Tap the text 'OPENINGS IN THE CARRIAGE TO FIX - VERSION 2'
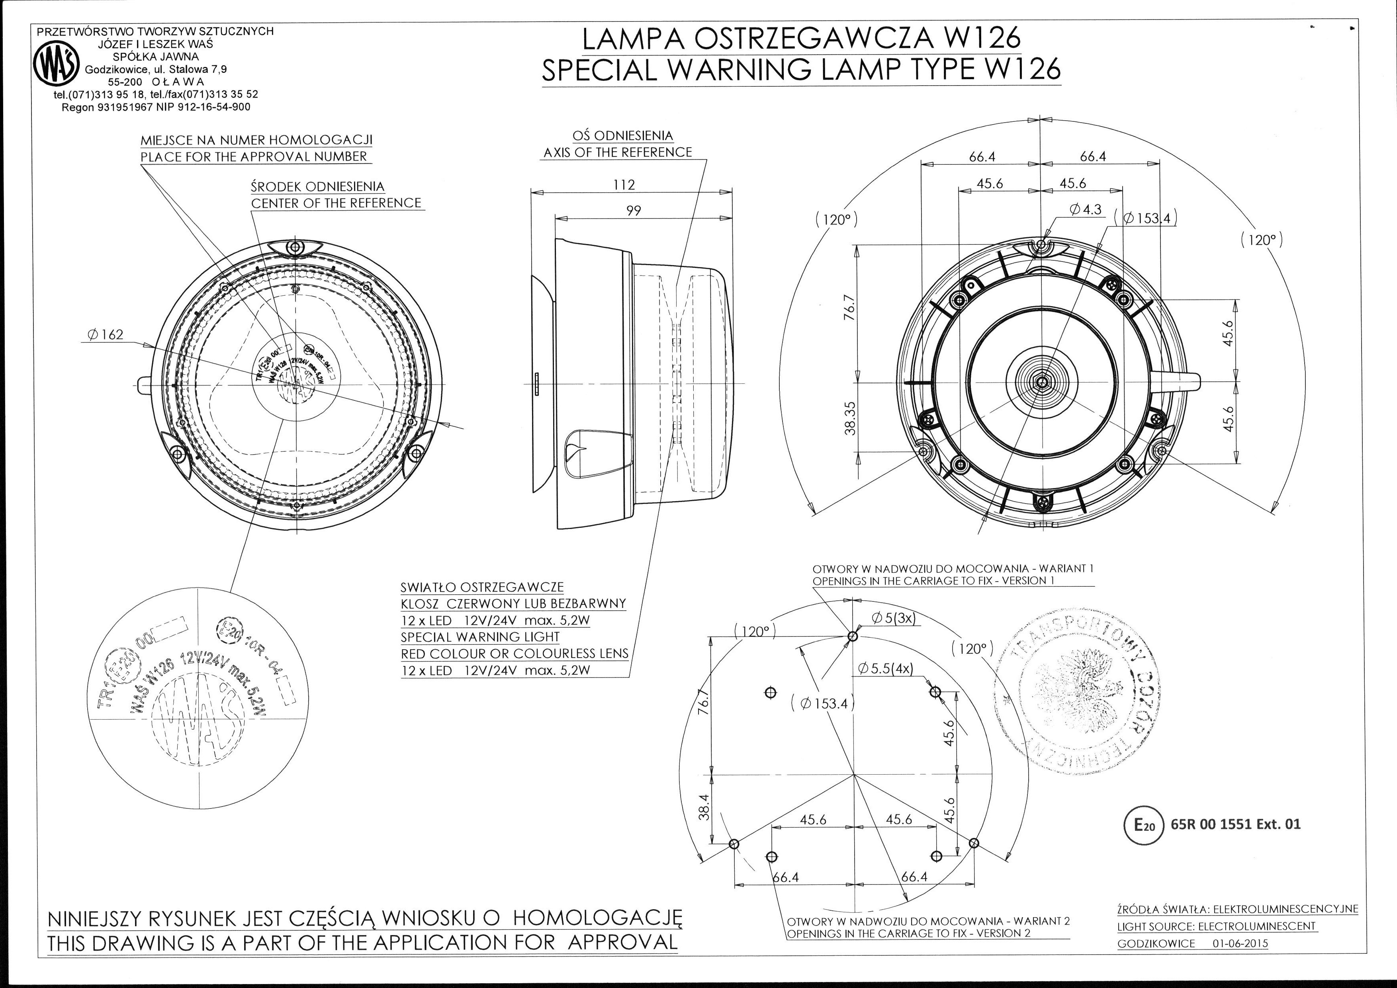point(908,933)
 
